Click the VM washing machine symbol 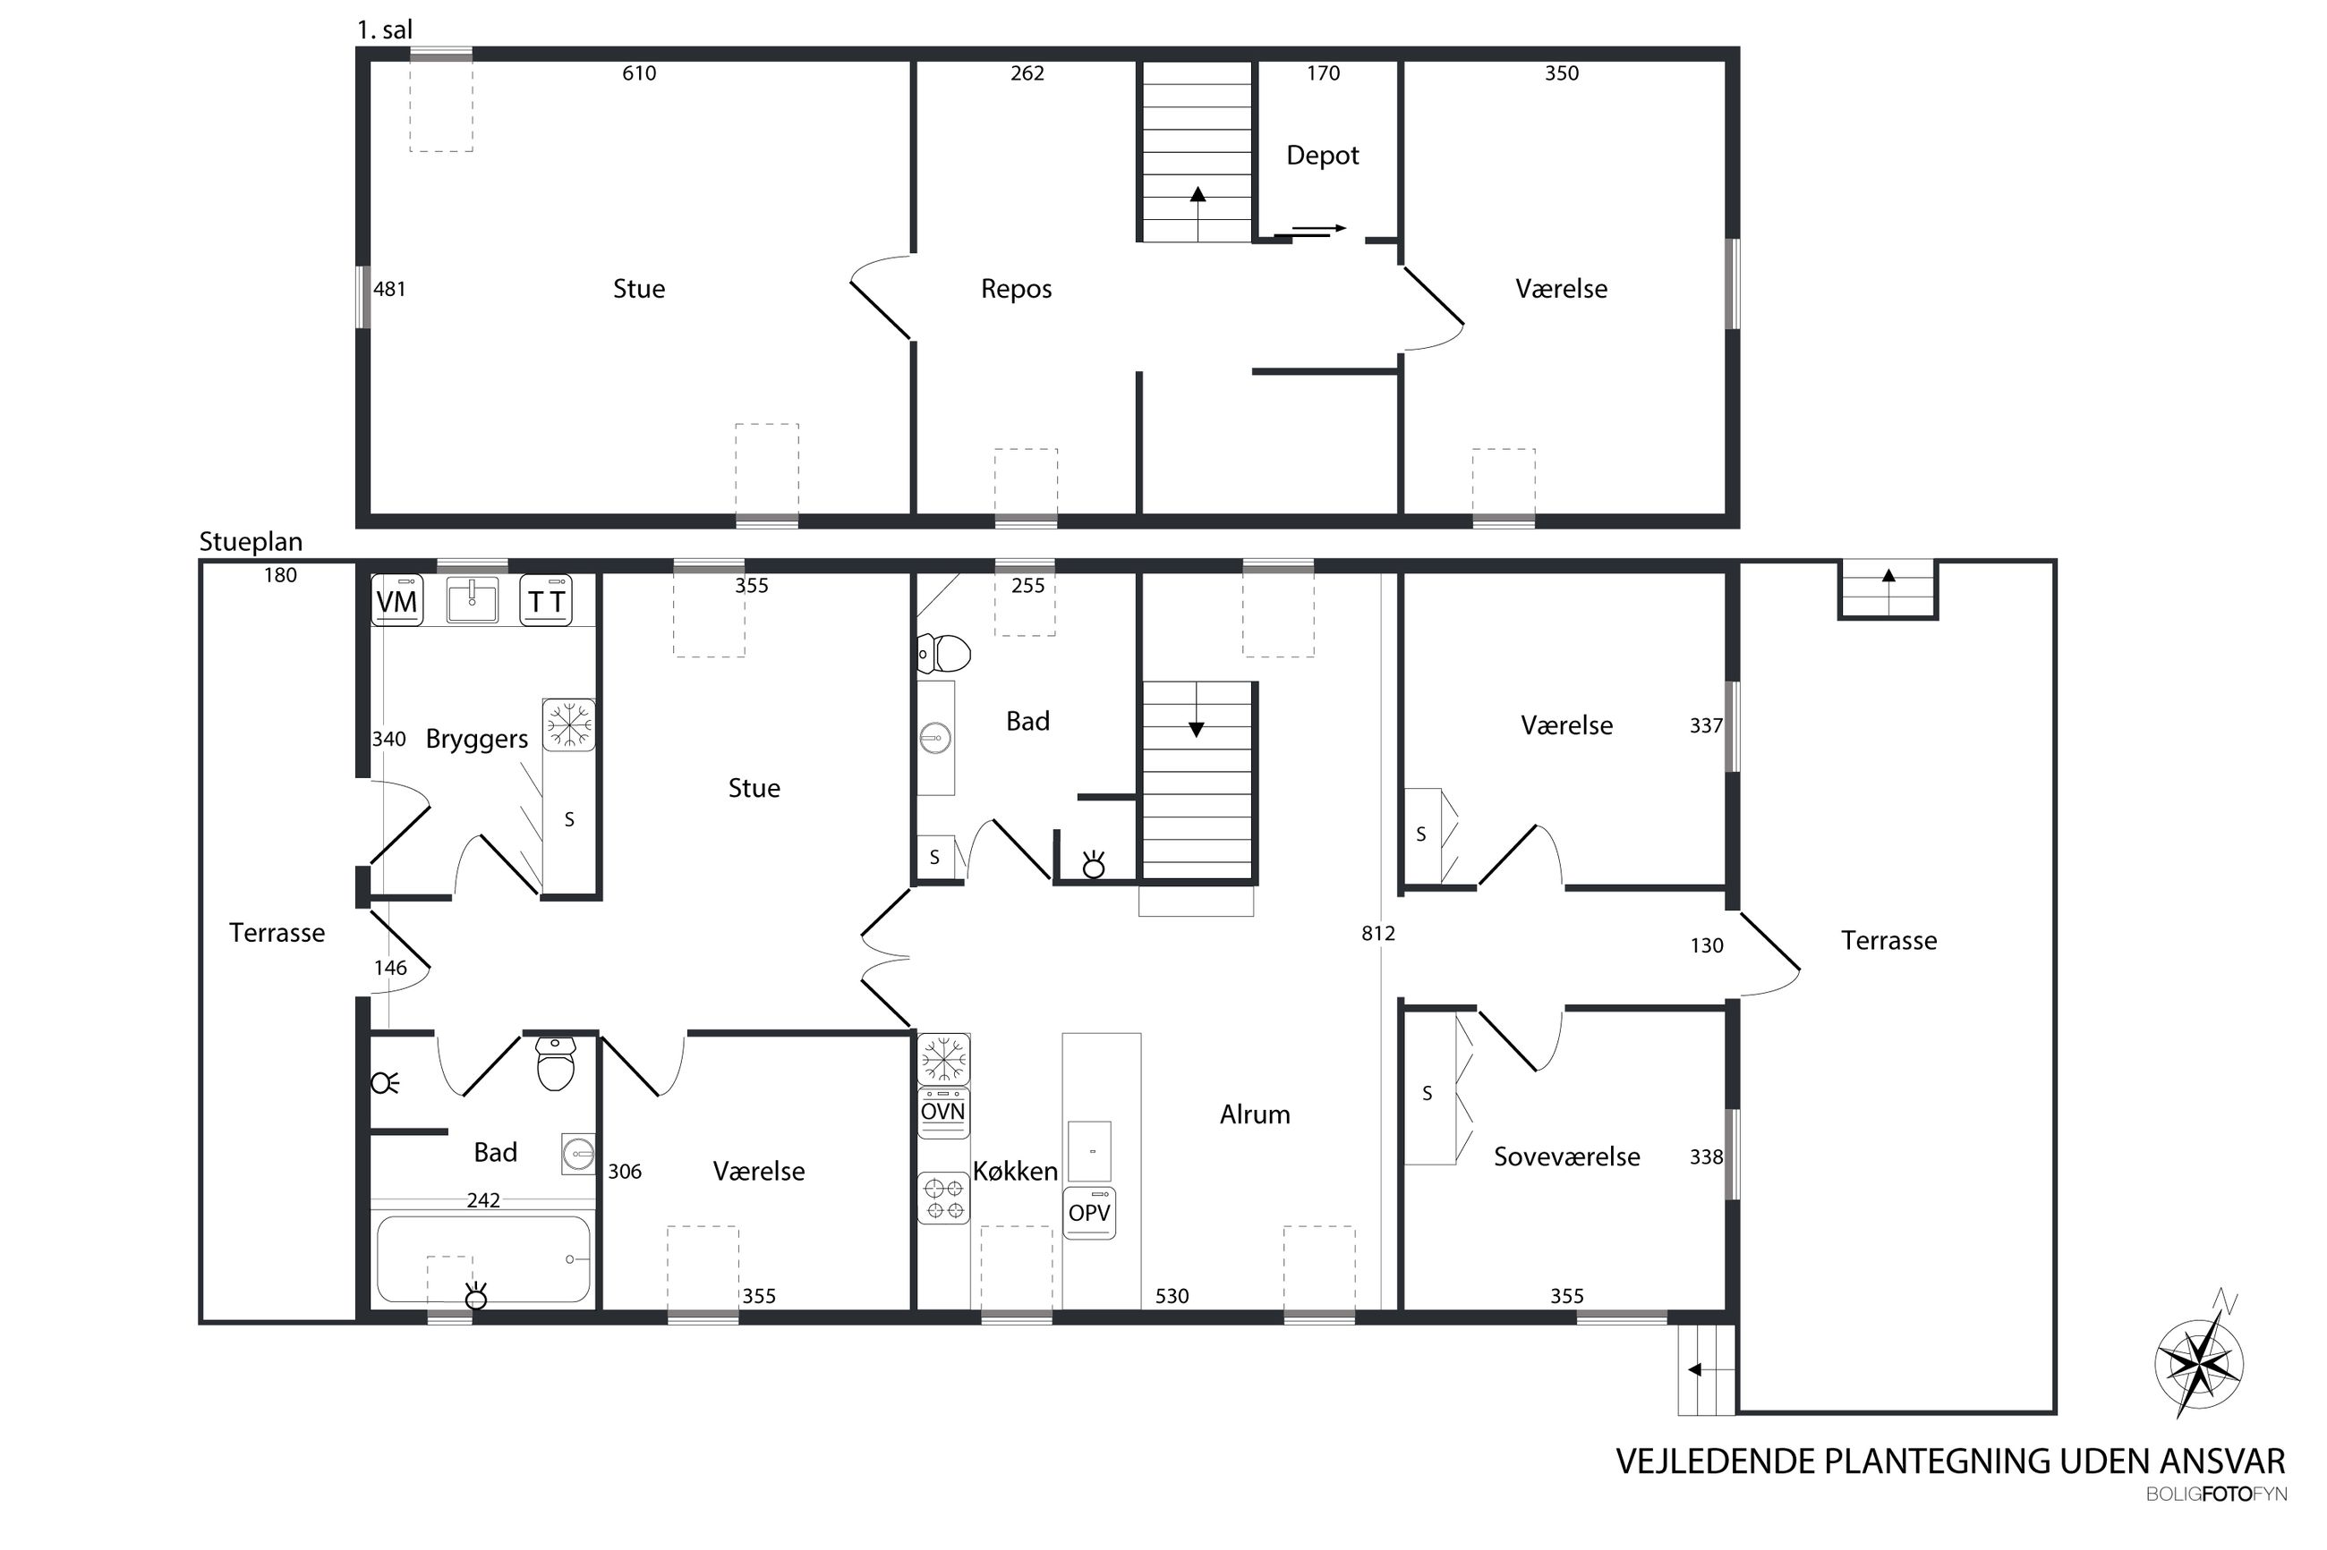point(396,599)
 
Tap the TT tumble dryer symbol point(546,599)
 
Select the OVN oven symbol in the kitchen point(942,1112)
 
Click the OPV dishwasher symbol point(1089,1212)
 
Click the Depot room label point(1322,156)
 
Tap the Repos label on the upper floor point(1016,289)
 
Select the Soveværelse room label point(1566,1156)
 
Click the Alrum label point(1254,1114)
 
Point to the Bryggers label point(477,740)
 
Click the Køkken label point(1015,1171)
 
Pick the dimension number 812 point(1377,933)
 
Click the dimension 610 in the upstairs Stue point(639,73)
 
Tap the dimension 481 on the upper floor point(388,289)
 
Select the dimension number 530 point(1172,1296)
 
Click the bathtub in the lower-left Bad point(483,1259)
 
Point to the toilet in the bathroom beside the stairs point(943,652)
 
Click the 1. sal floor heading point(385,30)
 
